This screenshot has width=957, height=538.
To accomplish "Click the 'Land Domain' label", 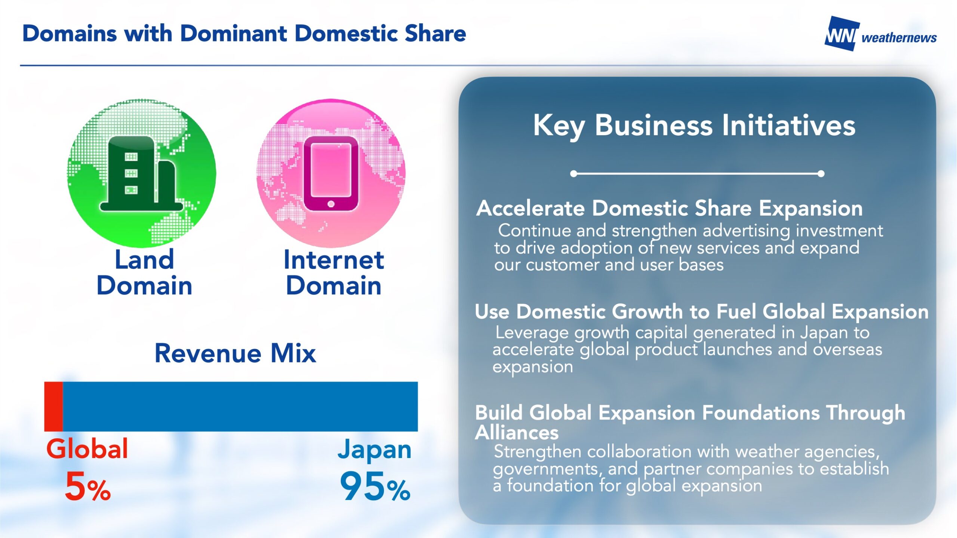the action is (x=144, y=272).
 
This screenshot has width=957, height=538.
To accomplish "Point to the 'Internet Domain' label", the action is (x=334, y=272).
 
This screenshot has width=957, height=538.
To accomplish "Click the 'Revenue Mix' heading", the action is (x=236, y=353).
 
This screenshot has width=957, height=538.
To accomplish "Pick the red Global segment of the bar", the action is (x=53, y=406).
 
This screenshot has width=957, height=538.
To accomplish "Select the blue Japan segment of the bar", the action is (x=240, y=406).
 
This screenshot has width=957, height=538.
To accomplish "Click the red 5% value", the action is (x=88, y=486).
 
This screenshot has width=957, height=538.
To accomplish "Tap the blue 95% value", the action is (x=375, y=486).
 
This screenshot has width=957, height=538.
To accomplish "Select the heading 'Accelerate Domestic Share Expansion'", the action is (x=670, y=208).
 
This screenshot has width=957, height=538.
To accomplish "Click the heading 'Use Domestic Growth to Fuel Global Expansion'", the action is (x=702, y=312).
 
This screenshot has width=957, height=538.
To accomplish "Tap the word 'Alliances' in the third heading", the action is (x=517, y=433).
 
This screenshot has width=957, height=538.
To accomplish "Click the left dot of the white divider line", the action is (x=574, y=174).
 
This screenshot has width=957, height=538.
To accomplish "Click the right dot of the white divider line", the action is (x=821, y=174).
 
